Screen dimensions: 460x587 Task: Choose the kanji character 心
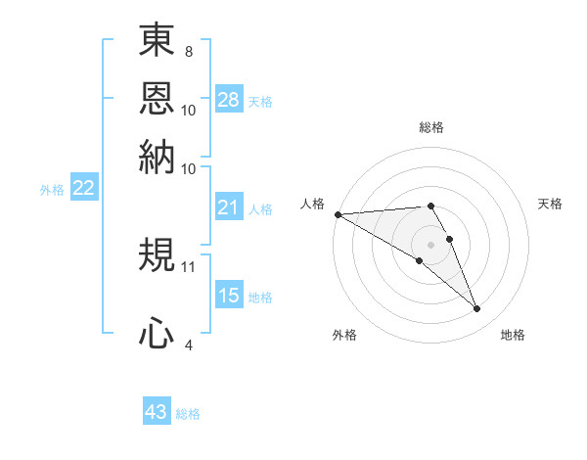pyautogui.click(x=157, y=333)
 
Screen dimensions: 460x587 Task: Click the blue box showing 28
pyautogui.click(x=228, y=100)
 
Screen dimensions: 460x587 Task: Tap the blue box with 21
pyautogui.click(x=228, y=207)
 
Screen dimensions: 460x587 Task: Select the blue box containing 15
pyautogui.click(x=228, y=296)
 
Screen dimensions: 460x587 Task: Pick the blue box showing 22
pyautogui.click(x=83, y=189)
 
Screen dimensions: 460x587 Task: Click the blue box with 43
pyautogui.click(x=157, y=412)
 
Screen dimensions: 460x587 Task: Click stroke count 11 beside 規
pyautogui.click(x=189, y=264)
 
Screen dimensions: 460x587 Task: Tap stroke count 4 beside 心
pyautogui.click(x=189, y=344)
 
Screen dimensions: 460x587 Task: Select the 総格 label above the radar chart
pyautogui.click(x=430, y=127)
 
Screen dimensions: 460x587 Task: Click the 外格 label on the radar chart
pyautogui.click(x=344, y=335)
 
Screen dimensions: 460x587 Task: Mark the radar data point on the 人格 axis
pyautogui.click(x=338, y=213)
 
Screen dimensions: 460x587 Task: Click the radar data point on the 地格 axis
pyautogui.click(x=477, y=309)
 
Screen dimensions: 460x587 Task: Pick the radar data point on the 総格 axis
pyautogui.click(x=430, y=206)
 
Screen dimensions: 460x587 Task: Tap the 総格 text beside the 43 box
pyautogui.click(x=188, y=414)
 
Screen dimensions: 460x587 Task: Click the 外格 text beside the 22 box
pyautogui.click(x=51, y=190)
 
